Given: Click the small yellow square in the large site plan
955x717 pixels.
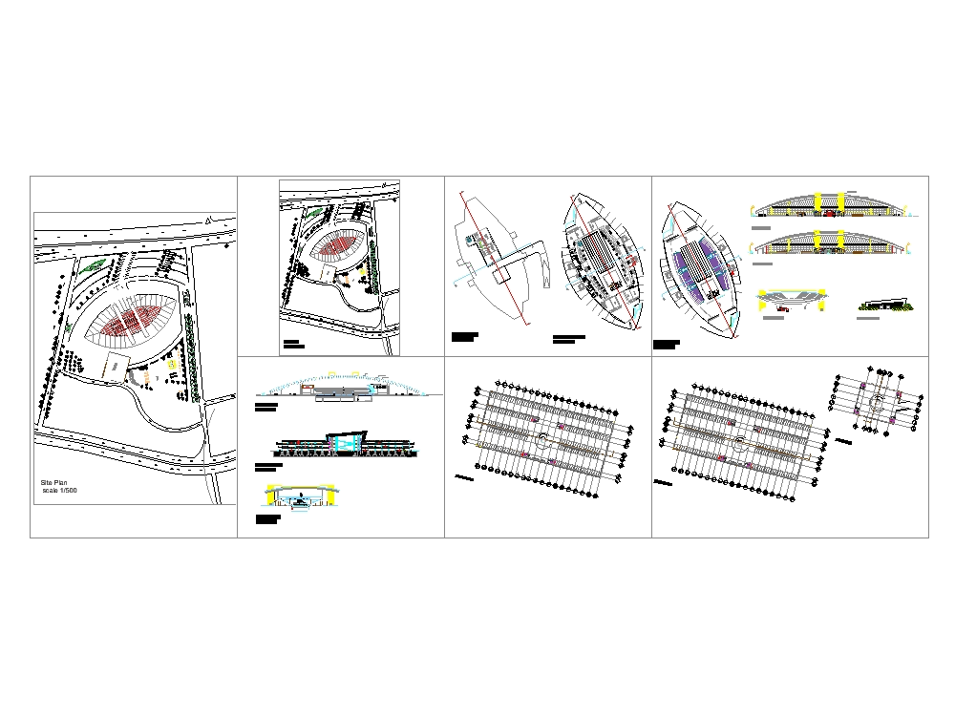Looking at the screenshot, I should point(171,364).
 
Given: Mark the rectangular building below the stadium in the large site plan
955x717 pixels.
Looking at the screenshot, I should point(117,366).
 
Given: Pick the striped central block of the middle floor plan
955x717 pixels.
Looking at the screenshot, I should point(601,256).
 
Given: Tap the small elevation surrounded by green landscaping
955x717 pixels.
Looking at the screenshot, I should point(888,305).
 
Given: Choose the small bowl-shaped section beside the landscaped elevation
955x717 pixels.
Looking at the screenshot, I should point(793,302).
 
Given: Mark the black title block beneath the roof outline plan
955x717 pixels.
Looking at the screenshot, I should point(464,337).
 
